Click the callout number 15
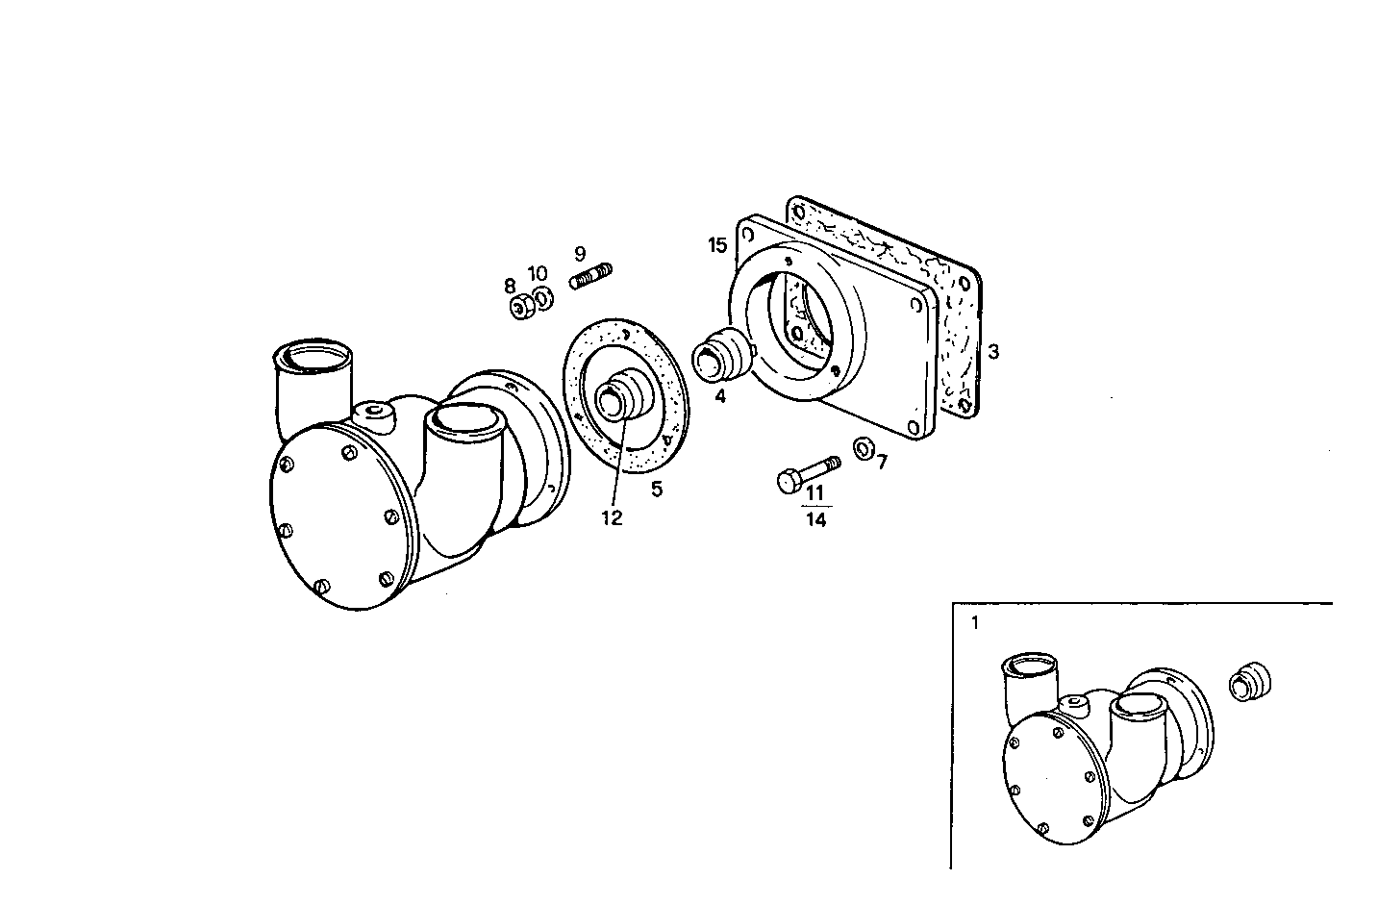pos(717,245)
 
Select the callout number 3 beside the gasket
pos(993,352)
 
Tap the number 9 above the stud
pos(580,254)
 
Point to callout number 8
pos(510,286)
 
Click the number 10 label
pos(538,274)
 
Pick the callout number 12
pos(612,517)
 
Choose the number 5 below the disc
pos(657,489)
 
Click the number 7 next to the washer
pos(882,462)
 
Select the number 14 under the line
pos(815,520)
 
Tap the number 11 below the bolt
pos(815,493)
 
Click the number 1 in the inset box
pos(974,622)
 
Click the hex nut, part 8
pos(520,309)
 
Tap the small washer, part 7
pos(863,447)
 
